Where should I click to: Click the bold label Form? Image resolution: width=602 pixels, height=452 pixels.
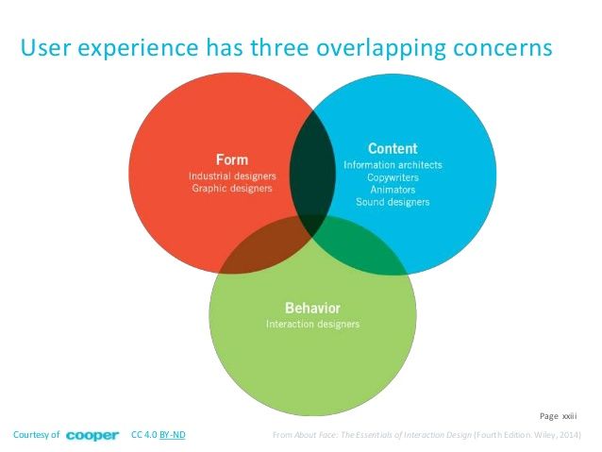231,159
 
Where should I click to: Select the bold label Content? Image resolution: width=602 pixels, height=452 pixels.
393,148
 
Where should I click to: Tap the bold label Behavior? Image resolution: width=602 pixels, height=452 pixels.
312,308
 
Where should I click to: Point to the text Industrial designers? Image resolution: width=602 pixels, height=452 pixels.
231,176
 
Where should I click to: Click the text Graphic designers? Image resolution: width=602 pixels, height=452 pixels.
232,188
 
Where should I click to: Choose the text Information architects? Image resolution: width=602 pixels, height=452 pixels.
393,165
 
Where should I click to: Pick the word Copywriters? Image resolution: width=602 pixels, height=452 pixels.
393,177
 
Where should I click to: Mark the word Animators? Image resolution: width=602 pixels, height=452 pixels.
393,189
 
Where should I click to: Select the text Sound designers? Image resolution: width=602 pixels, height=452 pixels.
393,201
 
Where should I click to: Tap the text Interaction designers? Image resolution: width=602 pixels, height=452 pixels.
312,325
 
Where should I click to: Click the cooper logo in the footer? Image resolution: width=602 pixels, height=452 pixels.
92,435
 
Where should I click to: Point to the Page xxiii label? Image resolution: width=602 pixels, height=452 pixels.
558,414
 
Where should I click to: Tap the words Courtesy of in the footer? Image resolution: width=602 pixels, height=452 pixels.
36,435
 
